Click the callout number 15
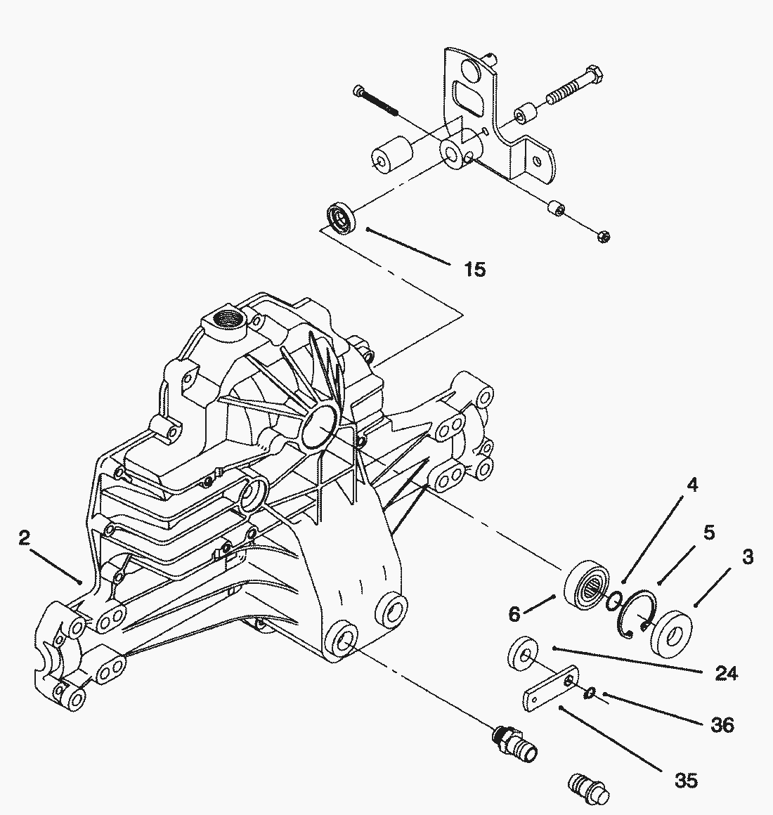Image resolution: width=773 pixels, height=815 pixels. pos(474,269)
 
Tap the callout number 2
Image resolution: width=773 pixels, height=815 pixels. pos(25,537)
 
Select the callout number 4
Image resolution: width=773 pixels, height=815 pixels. pos(692,485)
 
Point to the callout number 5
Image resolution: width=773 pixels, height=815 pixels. pos(709,533)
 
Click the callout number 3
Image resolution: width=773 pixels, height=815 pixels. pos(747,556)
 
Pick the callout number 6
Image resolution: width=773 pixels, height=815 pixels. pos(514,614)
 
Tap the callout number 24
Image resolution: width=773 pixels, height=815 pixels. pos(726,674)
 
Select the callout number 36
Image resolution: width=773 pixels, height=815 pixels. pos(722,724)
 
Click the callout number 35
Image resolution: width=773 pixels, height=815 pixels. pos(686,780)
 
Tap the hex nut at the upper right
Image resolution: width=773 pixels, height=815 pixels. pos(604,237)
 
